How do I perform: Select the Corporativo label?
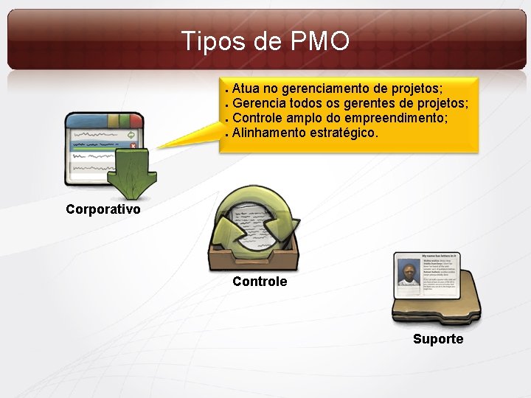point(103,209)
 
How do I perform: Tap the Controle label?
point(260,282)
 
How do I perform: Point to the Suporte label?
point(438,339)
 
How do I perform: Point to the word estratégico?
point(346,133)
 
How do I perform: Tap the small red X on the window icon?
point(133,145)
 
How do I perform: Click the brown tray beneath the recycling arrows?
point(251,258)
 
